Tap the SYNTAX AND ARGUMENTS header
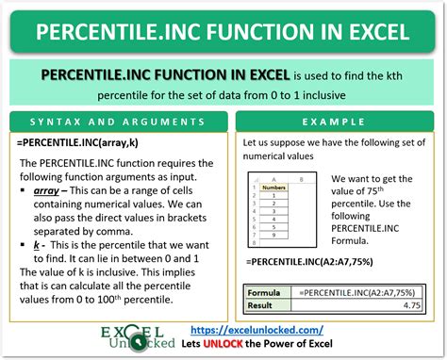pos(116,123)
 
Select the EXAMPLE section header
pos(337,123)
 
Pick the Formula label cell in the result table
pos(267,292)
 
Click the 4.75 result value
pos(413,306)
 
